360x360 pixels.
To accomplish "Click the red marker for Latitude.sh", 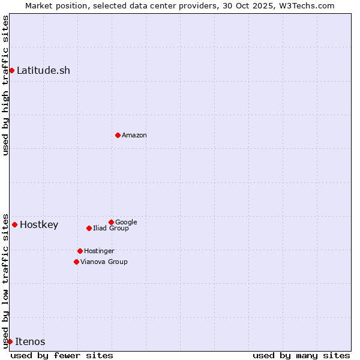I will click(x=11, y=70).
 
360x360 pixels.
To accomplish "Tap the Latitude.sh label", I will click(x=43, y=70).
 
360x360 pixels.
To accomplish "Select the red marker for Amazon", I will click(x=118, y=135).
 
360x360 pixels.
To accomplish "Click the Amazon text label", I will click(x=134, y=135).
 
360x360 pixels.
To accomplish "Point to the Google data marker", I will click(x=111, y=222).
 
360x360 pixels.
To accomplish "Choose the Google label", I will click(x=126, y=222).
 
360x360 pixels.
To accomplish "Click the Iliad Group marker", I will click(x=89, y=228).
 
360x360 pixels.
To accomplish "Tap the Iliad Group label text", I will click(x=111, y=228).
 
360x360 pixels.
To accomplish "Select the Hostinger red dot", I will click(x=80, y=251).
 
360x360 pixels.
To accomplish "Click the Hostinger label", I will click(x=99, y=251).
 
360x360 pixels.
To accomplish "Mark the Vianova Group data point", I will click(x=76, y=262).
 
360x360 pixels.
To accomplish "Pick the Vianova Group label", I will click(x=104, y=262).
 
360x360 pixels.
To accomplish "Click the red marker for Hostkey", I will click(x=14, y=224).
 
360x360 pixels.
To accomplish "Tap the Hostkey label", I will click(x=39, y=225).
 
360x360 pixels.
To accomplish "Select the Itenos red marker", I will click(x=10, y=341).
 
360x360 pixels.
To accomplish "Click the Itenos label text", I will click(x=30, y=342).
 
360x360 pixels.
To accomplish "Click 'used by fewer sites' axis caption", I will click(x=62, y=355).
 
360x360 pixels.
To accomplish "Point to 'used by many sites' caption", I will click(x=301, y=355).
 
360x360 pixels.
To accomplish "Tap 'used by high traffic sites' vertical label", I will click(x=5, y=85).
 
